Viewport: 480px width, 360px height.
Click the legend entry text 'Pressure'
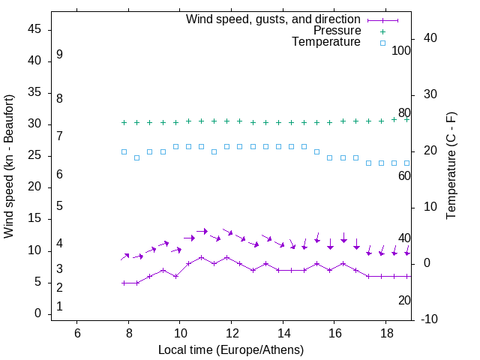[337, 31]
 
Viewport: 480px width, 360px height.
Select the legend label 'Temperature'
[326, 43]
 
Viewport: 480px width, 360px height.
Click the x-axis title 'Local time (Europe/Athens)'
[231, 350]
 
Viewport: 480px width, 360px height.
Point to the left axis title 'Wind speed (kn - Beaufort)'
[9, 166]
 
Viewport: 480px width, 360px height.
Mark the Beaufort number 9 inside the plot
[59, 55]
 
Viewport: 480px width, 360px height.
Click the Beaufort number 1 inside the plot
[59, 306]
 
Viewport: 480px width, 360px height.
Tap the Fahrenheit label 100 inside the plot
[401, 51]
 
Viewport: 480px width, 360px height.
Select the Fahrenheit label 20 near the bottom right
[404, 300]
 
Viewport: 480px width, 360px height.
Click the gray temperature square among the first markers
[137, 157]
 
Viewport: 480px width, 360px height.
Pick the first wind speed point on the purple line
[124, 283]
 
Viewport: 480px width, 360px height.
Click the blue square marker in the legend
[382, 43]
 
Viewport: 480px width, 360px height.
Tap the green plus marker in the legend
[382, 31]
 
